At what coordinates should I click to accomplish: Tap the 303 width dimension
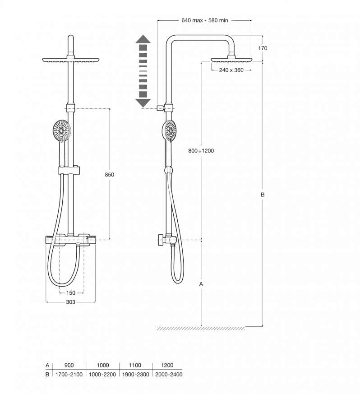pos(70,302)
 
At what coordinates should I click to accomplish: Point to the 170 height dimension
pos(263,48)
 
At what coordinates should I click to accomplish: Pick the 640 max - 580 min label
pos(204,20)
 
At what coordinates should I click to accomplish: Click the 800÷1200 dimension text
pos(201,151)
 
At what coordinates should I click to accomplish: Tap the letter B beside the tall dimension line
pos(263,195)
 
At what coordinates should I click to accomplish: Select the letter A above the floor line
pos(201,284)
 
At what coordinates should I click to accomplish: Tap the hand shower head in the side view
pos(170,131)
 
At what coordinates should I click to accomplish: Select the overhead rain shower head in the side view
pos(231,59)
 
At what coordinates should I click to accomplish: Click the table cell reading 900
pos(69,365)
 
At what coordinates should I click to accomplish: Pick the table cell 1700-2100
pos(69,374)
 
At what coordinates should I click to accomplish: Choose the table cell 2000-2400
pos(168,374)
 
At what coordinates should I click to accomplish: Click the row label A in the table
pos(47,365)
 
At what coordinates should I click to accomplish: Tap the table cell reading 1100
pos(135,365)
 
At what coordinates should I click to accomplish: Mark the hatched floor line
pos(201,328)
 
